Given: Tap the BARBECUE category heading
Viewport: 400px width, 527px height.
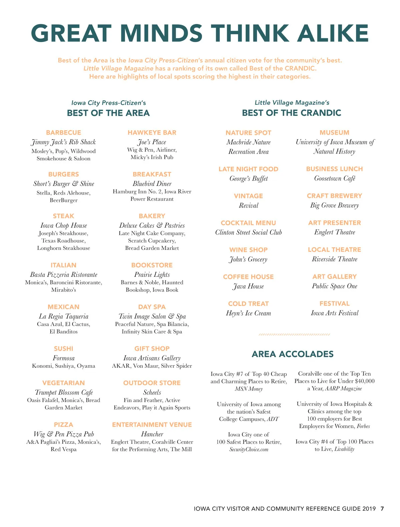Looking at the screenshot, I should pos(63,133).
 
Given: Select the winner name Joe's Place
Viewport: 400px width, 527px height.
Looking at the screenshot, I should pos(152,142).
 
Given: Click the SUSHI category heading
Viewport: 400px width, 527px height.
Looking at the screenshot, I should pos(63,348).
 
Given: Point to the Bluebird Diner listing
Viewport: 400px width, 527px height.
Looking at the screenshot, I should pos(152,184).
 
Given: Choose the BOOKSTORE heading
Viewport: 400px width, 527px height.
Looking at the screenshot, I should pos(152,265).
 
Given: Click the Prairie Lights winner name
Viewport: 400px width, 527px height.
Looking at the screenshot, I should pos(152,274).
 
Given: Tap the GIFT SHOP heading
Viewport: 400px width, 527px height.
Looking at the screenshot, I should pos(152,348).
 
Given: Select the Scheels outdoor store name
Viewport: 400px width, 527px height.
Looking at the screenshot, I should pos(152,392).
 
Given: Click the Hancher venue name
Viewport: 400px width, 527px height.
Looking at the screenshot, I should pos(152,434).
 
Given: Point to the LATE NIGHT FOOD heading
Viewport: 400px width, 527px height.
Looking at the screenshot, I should pos(248,169).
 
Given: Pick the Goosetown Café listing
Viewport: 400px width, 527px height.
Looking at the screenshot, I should pos(335,179).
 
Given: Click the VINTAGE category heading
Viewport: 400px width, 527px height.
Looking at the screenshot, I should pos(248,196).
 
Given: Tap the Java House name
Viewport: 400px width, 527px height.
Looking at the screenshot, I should pos(248,286).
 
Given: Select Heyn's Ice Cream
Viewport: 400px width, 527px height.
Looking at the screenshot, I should pos(248,313).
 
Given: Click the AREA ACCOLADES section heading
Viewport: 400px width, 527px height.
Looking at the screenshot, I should pos(292,354).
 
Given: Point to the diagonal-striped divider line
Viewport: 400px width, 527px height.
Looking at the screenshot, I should pos(294,334).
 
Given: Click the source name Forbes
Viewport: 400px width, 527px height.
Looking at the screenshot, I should pos(363,426).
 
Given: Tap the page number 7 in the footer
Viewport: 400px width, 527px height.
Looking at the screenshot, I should pos(382,509).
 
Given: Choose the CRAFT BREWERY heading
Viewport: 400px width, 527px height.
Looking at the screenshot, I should pos(334,196).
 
